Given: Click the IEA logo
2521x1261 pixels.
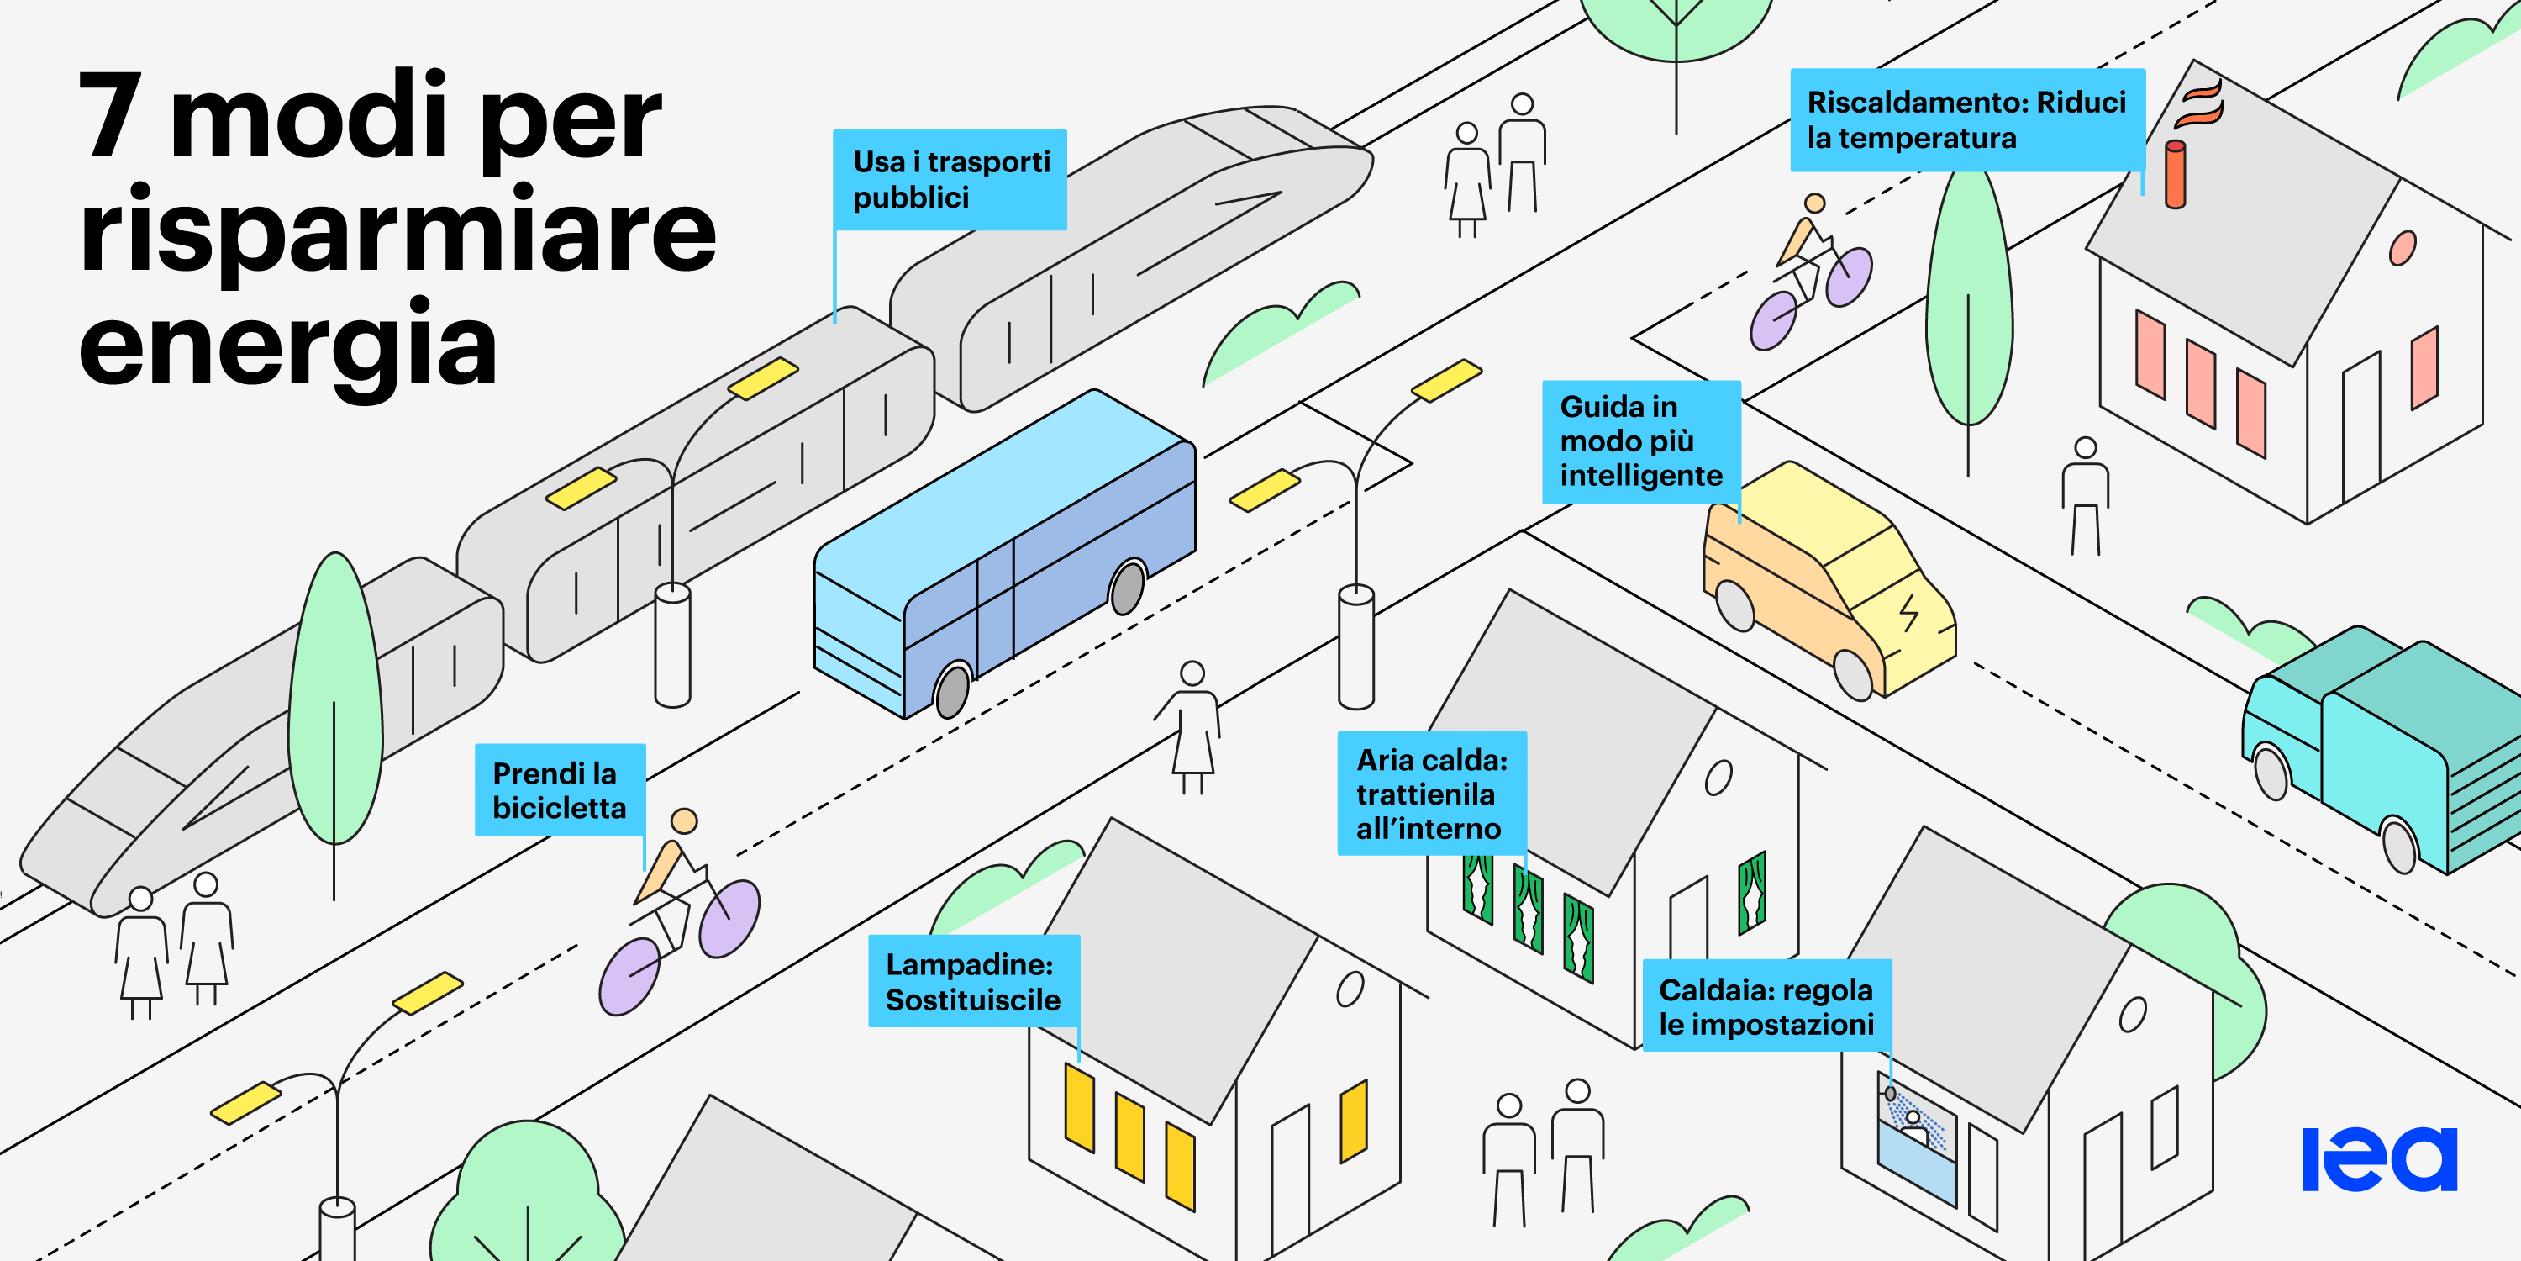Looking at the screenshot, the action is pyautogui.click(x=2379, y=1159).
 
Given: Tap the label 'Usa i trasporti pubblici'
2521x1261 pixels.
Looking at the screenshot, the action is pyautogui.click(x=950, y=179).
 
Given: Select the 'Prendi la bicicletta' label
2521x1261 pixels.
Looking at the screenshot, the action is pyautogui.click(x=560, y=790).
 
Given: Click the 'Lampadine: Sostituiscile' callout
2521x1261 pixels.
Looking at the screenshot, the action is pyautogui.click(x=974, y=981).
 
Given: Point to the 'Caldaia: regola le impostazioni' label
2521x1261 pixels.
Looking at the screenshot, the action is pyautogui.click(x=1766, y=1005).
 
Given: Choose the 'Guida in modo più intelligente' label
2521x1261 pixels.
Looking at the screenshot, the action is pyautogui.click(x=1641, y=441).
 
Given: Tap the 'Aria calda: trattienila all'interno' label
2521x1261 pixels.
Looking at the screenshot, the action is pyautogui.click(x=1432, y=793).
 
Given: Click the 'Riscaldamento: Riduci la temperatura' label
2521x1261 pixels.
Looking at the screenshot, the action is pyautogui.click(x=1967, y=119).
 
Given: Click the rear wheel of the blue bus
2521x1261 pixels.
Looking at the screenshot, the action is pyautogui.click(x=1128, y=587).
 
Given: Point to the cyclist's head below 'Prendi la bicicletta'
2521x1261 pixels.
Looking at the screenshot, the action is pyautogui.click(x=684, y=820).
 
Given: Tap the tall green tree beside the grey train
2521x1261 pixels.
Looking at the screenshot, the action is pyautogui.click(x=334, y=699).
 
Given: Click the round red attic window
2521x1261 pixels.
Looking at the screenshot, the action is pyautogui.click(x=2402, y=248).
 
